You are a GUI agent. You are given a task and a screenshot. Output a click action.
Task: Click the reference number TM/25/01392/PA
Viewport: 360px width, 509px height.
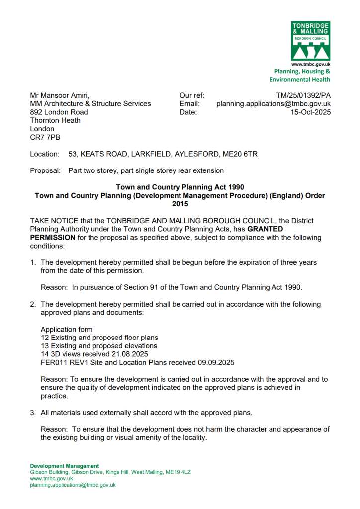(303, 95)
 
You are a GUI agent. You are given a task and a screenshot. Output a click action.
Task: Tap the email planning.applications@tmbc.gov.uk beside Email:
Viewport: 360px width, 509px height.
(273, 104)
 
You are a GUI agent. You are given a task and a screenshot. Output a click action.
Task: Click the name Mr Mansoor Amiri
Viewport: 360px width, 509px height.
(60, 95)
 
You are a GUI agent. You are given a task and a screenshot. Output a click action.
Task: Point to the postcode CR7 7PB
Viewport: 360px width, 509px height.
(45, 137)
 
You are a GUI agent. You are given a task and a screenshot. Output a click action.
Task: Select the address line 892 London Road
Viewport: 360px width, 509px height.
(59, 112)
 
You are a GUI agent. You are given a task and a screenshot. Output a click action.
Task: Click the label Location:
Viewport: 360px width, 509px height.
(45, 154)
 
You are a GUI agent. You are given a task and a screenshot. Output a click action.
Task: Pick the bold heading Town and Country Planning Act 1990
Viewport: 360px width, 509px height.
(180, 187)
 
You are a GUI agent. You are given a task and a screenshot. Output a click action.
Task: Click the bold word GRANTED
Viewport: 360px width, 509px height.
(265, 229)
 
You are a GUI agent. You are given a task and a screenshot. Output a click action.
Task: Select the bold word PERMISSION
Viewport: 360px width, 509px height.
(53, 238)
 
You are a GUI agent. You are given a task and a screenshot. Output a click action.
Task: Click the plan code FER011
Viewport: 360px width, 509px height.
(54, 363)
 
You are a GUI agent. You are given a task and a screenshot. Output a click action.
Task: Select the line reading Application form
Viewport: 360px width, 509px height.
(67, 330)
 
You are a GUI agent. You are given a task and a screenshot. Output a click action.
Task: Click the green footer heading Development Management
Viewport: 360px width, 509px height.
(65, 466)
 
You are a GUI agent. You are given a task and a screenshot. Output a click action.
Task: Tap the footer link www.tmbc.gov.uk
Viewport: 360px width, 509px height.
(51, 478)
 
